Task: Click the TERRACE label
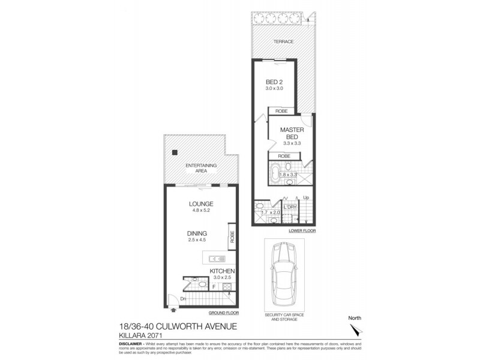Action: (283, 42)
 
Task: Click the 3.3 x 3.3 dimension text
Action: (292, 143)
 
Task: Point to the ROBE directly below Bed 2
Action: (281, 112)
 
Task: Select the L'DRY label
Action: (289, 208)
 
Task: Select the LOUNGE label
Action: (202, 204)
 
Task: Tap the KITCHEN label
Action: (222, 271)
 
